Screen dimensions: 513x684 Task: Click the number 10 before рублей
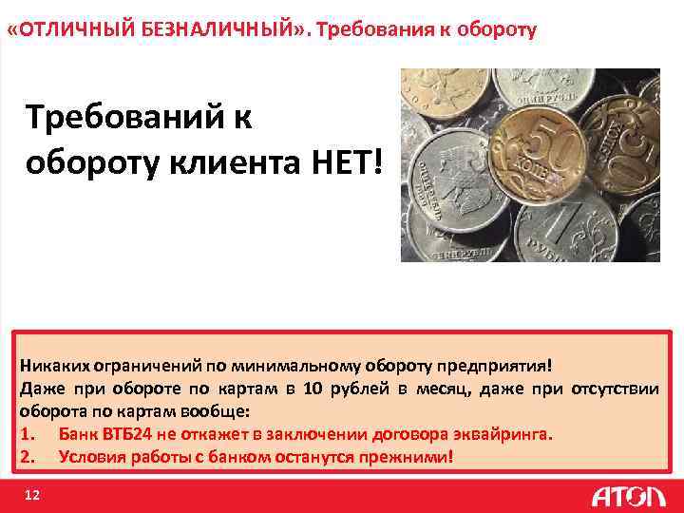[317, 388]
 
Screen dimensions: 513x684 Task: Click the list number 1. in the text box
[26, 434]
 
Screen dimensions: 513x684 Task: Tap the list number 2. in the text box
[26, 457]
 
